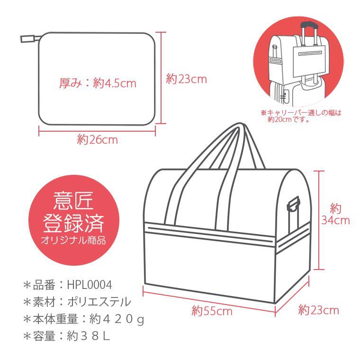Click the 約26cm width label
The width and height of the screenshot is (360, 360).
98,140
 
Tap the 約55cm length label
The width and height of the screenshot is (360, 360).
212,311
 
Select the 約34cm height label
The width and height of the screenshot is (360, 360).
335,215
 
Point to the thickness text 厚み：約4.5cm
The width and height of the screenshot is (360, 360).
98,83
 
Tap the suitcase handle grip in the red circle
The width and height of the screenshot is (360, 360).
309,24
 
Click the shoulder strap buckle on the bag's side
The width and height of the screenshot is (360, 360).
294,205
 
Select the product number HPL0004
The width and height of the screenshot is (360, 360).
90,285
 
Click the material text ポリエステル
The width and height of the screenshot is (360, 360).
99,302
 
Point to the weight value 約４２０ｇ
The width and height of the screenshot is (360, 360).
117,319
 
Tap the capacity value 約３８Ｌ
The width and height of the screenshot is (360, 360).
89,336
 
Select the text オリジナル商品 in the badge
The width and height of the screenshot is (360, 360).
73,240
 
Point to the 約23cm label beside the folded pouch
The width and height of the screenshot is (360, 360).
186,79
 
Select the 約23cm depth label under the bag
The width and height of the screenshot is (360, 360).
319,310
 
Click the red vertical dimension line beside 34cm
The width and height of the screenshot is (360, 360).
319,220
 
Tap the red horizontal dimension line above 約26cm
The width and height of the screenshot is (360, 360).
97,131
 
